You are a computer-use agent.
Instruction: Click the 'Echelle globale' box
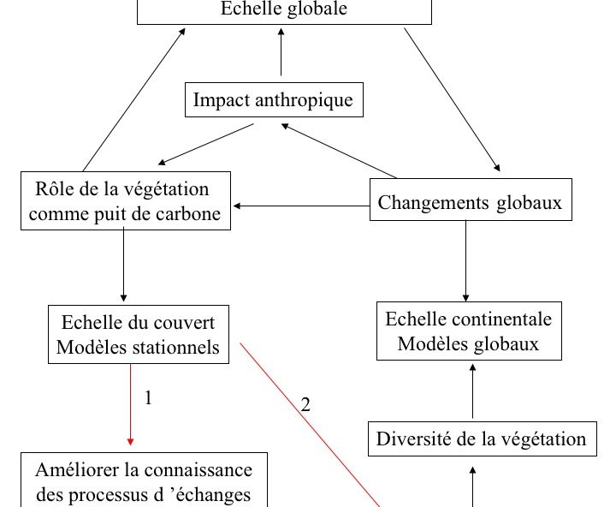[x=284, y=11]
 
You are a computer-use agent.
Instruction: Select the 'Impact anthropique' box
[x=273, y=100]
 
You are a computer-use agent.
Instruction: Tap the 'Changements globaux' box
[x=470, y=203]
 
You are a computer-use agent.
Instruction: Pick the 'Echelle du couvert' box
[x=139, y=335]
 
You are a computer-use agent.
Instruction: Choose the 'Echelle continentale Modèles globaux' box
[x=469, y=331]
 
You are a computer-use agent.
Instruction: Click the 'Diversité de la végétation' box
[x=481, y=439]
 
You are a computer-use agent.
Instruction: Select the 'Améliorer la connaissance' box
[x=144, y=480]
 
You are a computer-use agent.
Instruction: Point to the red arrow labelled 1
[x=130, y=403]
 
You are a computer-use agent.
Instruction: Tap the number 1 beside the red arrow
[x=148, y=398]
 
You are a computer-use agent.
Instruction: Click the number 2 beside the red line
[x=305, y=404]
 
